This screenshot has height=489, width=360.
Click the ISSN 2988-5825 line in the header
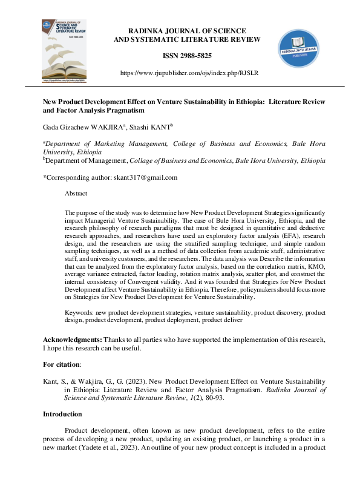[187, 56]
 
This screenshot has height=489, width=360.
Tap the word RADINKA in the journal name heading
[146, 31]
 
